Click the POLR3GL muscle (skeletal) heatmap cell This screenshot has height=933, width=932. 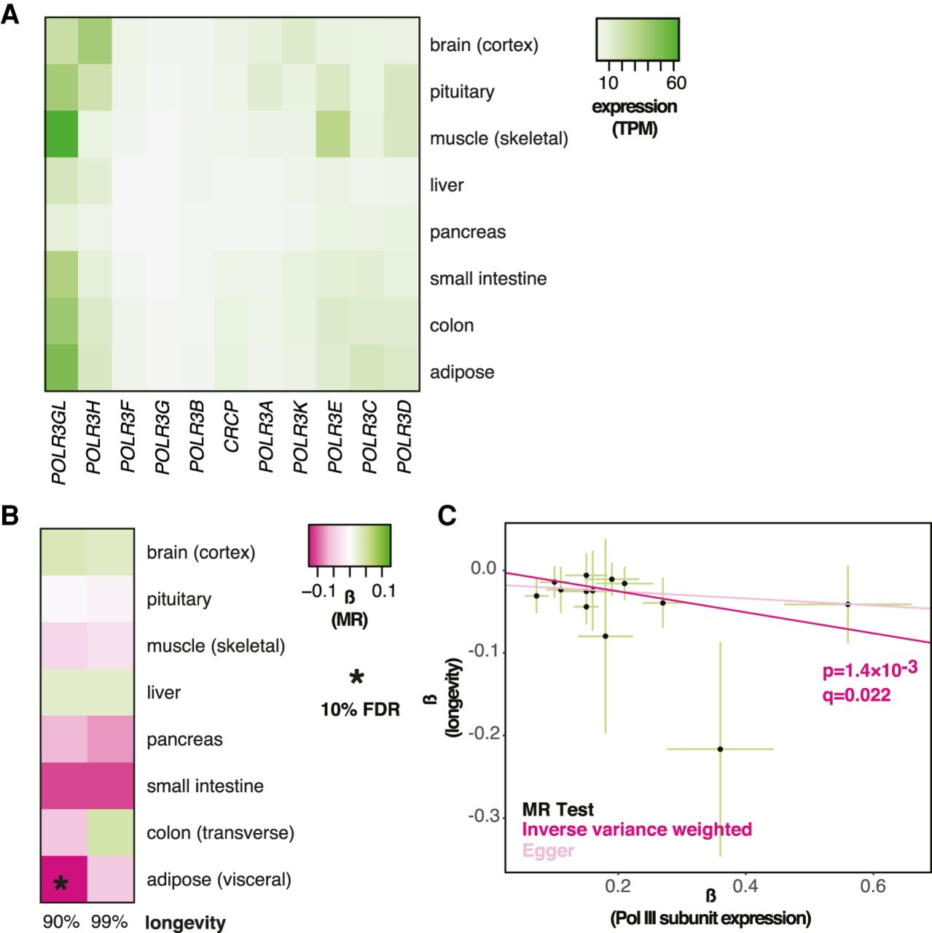pyautogui.click(x=62, y=134)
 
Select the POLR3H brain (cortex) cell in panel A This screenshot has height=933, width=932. pyautogui.click(x=95, y=41)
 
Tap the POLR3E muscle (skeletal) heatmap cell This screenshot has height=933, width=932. pyautogui.click(x=333, y=134)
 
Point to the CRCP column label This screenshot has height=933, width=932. pyautogui.click(x=231, y=426)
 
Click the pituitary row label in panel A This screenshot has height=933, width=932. pyautogui.click(x=462, y=92)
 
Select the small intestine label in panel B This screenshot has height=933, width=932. pyautogui.click(x=205, y=786)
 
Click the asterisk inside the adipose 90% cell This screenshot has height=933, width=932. pyautogui.click(x=61, y=884)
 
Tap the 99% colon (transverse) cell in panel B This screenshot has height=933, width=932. pyautogui.click(x=111, y=832)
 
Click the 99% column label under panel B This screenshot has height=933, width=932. pyautogui.click(x=109, y=922)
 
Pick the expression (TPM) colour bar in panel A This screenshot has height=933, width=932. pyautogui.click(x=638, y=39)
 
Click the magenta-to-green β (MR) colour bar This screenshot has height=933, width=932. pyautogui.click(x=350, y=545)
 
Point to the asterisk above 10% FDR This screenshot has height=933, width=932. pyautogui.click(x=356, y=678)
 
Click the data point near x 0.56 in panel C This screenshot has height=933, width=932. pyautogui.click(x=847, y=604)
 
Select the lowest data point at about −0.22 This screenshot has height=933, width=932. pyautogui.click(x=720, y=749)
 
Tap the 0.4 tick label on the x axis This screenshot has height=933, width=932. pyautogui.click(x=745, y=886)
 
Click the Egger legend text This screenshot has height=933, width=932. pyautogui.click(x=548, y=851)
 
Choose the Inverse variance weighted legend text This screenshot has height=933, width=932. pyautogui.click(x=637, y=829)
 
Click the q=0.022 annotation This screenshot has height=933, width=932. pyautogui.click(x=856, y=695)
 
